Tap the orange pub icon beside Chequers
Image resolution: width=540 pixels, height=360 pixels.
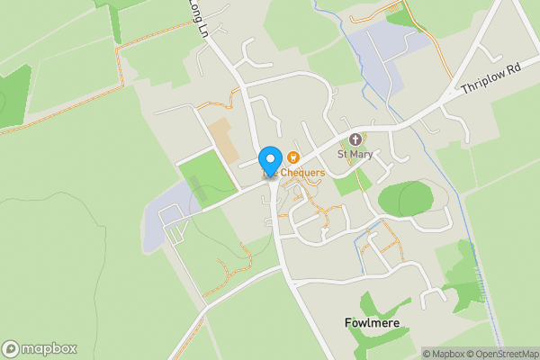pyautogui.click(x=292, y=158)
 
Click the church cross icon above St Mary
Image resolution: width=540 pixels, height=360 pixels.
pyautogui.click(x=355, y=139)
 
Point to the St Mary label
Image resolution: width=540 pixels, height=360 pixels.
pyautogui.click(x=355, y=154)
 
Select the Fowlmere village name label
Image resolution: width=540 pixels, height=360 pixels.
pyautogui.click(x=372, y=322)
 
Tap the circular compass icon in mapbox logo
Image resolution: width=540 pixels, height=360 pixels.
pyautogui.click(x=11, y=349)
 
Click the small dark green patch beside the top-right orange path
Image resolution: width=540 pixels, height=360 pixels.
pyautogui.click(x=398, y=17)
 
